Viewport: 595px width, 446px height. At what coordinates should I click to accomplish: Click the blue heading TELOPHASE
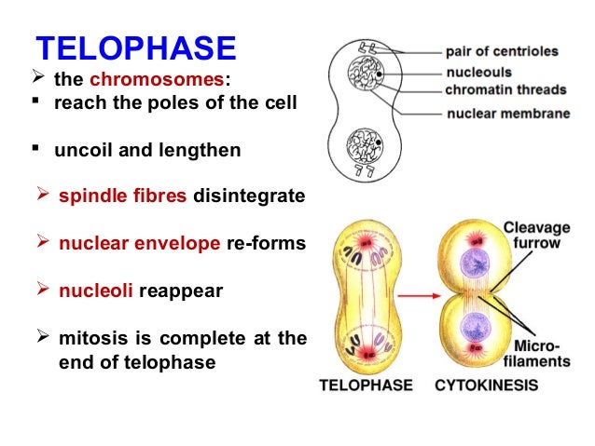(x=135, y=49)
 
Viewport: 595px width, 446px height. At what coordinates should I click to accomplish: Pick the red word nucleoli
(x=96, y=291)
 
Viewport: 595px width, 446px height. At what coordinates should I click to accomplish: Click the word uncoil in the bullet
(x=79, y=150)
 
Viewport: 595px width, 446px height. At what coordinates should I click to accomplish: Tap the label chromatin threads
(x=505, y=89)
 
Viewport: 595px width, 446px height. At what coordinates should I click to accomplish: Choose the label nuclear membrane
(x=505, y=114)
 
